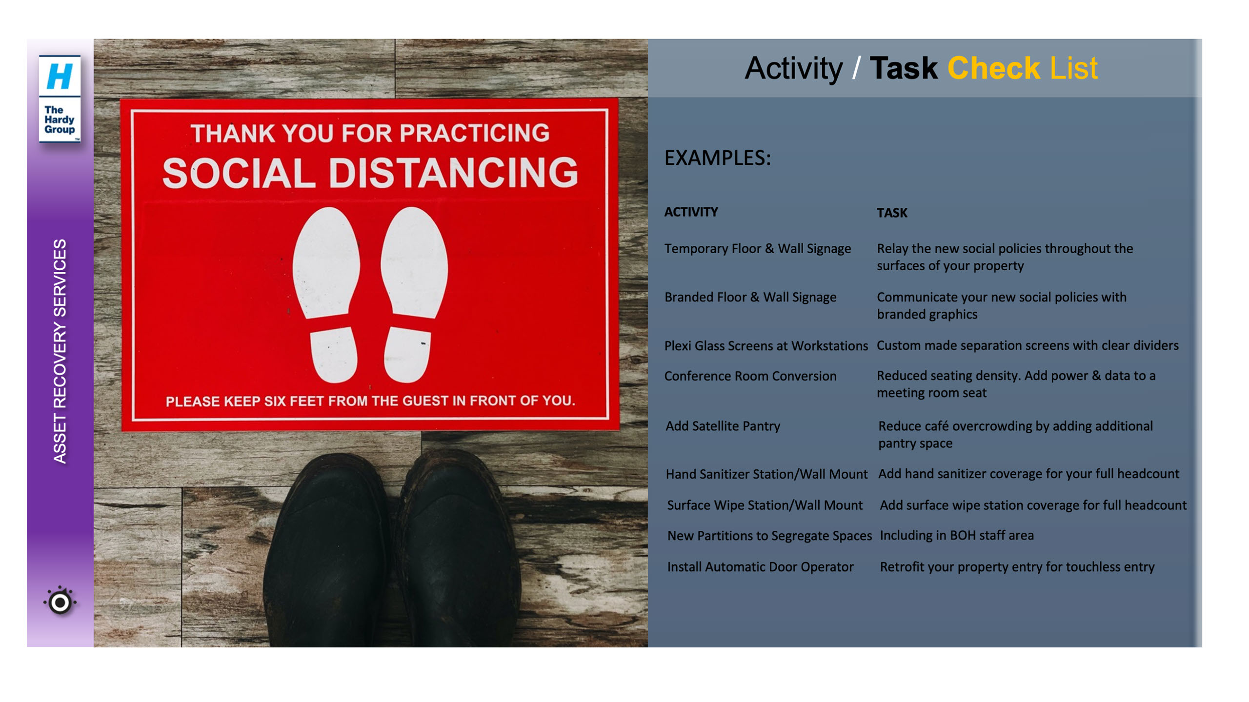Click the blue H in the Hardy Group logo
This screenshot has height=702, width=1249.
[59, 76]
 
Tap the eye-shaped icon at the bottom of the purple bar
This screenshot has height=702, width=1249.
[60, 602]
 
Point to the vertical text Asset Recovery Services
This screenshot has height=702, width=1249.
[60, 351]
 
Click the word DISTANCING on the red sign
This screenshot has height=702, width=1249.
[453, 173]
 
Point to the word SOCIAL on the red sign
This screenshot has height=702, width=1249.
[239, 173]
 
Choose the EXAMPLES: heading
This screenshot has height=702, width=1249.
[718, 158]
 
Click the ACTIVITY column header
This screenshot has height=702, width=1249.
[691, 212]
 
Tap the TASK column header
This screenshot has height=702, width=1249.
[892, 213]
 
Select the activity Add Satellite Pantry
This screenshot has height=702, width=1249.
[723, 426]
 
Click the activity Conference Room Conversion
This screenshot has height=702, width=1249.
[750, 376]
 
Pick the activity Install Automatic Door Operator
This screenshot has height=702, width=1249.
[761, 567]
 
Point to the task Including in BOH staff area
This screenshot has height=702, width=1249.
[957, 535]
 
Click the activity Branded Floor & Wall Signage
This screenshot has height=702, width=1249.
[750, 297]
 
